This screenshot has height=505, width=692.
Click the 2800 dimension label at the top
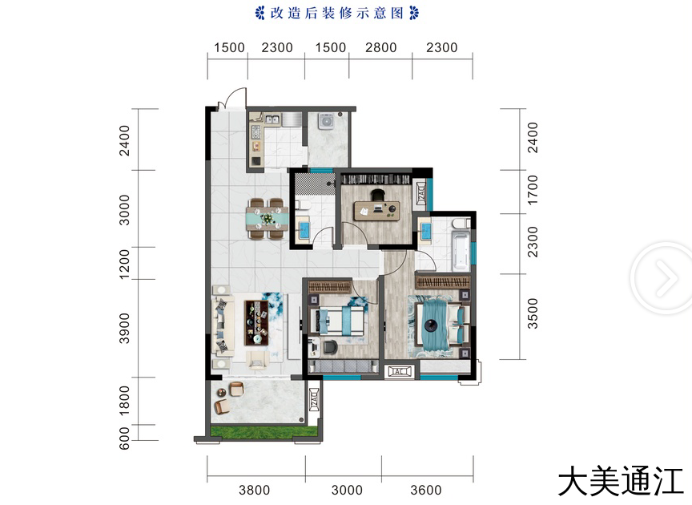(x=380, y=48)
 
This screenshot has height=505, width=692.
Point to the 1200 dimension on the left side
(x=125, y=264)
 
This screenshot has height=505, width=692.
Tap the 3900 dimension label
(x=125, y=328)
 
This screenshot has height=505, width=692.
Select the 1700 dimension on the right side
(x=533, y=189)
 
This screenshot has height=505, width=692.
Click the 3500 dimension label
(x=533, y=313)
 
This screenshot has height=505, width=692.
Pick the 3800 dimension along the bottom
(x=254, y=490)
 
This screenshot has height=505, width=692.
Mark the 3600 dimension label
(x=426, y=490)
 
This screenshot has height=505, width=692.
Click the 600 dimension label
(x=125, y=438)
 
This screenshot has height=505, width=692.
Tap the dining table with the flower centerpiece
(x=268, y=219)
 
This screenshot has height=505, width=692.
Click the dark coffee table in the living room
(x=256, y=322)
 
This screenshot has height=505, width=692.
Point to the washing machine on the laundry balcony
(x=327, y=121)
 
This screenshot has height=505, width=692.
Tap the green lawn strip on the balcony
(x=264, y=432)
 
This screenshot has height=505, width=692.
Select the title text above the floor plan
(x=336, y=14)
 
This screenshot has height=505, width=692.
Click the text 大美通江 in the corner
(x=621, y=482)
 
